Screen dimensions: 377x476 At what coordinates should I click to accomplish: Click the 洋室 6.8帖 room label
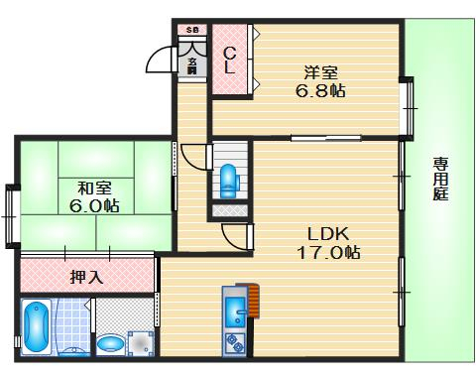pos(322,79)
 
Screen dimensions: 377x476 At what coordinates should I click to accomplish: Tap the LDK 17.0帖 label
pos(328,242)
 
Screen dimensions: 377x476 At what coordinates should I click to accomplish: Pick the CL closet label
pos(228,61)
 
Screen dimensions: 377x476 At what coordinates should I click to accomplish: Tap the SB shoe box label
pos(192,30)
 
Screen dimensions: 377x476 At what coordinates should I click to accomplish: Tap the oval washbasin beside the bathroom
pos(111,343)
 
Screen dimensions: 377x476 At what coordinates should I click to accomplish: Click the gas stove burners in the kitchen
pos(237,344)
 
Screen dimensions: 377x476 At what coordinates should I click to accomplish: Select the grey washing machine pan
pos(141,342)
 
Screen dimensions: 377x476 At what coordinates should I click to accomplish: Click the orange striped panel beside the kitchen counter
pos(254,300)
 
